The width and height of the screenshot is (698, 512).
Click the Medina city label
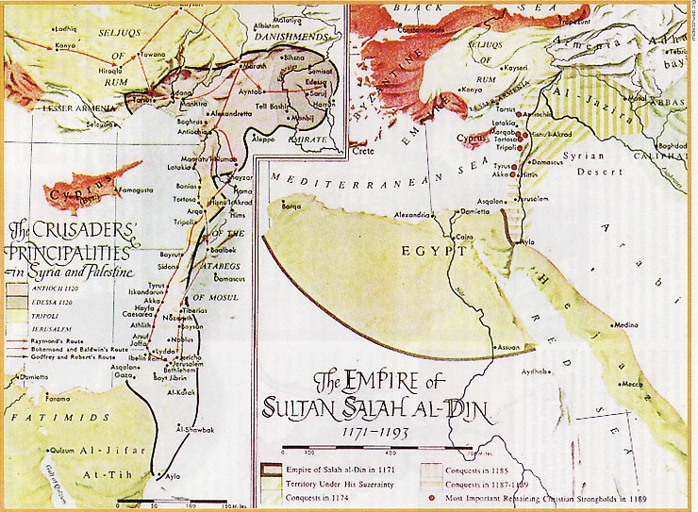click(623, 325)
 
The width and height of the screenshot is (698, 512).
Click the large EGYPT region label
click(435, 252)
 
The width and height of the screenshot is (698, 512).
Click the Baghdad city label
click(673, 146)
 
